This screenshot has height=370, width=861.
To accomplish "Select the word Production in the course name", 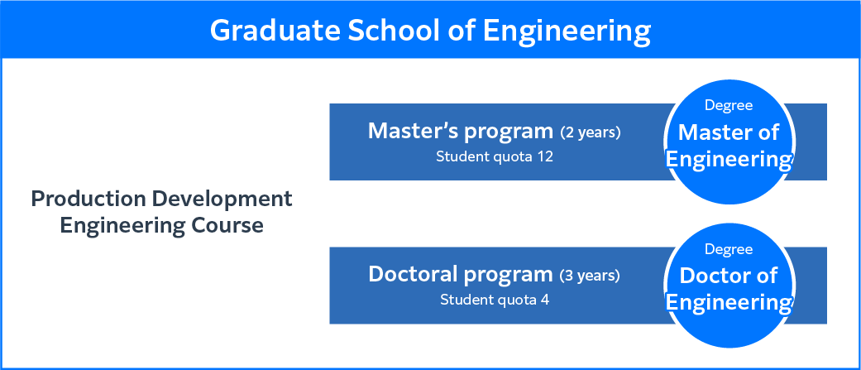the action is [x=88, y=199].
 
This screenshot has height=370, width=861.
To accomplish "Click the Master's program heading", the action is [x=461, y=132].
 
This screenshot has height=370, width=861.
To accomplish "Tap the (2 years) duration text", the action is [x=591, y=133].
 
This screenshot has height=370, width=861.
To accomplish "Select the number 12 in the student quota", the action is [x=545, y=156].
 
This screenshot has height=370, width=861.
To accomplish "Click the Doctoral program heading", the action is [x=460, y=275].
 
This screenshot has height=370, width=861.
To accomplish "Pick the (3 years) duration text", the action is [x=590, y=276].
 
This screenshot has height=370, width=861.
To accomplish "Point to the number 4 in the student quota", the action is [x=546, y=300].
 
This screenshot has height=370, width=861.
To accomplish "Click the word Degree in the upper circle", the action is [x=729, y=106].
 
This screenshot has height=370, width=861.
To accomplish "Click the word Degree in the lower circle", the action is [x=729, y=250].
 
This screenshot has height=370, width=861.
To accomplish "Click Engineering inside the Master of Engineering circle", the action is [x=729, y=160].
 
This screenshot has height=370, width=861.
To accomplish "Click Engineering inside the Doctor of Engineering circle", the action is [x=729, y=303].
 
